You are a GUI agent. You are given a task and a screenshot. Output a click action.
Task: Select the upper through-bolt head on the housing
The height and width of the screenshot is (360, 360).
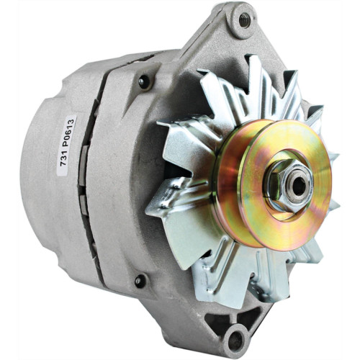[145, 81]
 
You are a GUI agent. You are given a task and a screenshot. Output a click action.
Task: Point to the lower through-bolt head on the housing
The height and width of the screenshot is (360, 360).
[140, 280]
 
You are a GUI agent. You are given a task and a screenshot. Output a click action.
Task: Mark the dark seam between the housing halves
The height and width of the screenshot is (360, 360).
[94, 180]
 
